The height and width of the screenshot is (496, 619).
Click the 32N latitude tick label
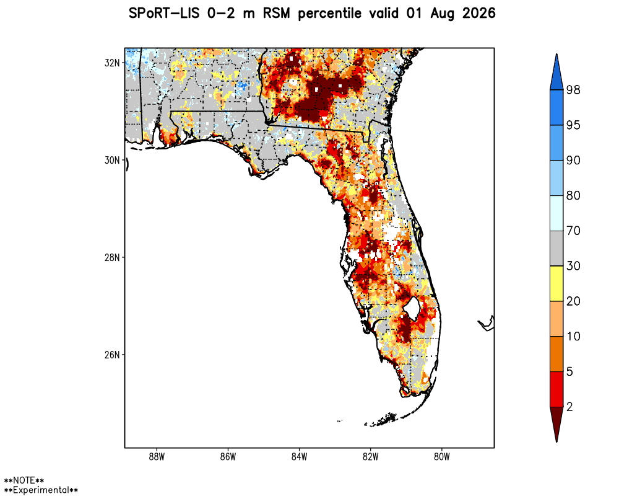[112, 63]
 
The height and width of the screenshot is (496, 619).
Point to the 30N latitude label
[112, 160]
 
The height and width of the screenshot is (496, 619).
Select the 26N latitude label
[112, 355]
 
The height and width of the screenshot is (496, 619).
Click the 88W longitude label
[157, 457]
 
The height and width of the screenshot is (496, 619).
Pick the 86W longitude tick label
[228, 457]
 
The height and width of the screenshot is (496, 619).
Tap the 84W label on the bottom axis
[299, 457]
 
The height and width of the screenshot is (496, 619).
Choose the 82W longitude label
[371, 457]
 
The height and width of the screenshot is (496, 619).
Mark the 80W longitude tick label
[442, 457]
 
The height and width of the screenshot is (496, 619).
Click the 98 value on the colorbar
[573, 90]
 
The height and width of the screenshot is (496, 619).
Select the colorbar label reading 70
[573, 231]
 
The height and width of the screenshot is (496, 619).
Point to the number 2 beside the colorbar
[569, 407]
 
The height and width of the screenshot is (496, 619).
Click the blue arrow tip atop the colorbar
[556, 55]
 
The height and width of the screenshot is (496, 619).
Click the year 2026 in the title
[479, 14]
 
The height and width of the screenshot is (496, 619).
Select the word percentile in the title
[330, 14]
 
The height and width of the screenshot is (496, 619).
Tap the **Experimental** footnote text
[41, 490]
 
